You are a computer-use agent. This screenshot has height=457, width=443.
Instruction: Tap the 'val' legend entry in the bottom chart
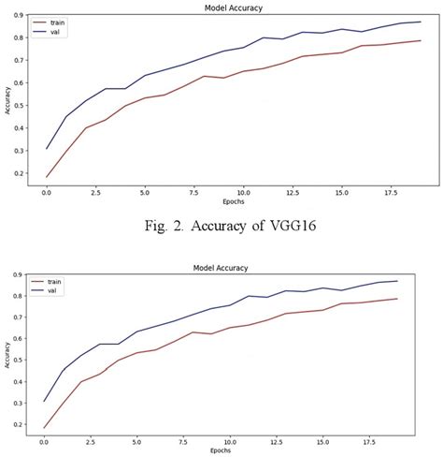[x=61, y=290]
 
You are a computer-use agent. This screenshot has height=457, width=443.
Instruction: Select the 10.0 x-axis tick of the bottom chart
[x=242, y=441]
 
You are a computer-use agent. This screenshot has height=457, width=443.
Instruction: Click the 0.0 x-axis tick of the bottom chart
[x=46, y=441]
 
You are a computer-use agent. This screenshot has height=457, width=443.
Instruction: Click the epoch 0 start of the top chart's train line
[x=46, y=177]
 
